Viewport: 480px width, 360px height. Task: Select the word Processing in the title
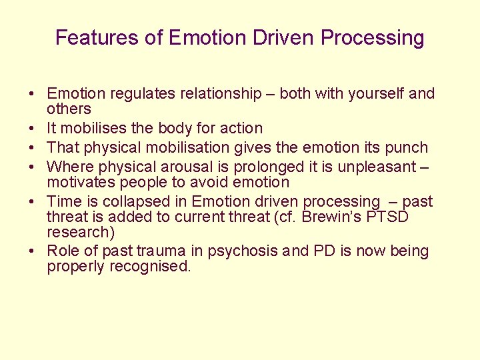click(372, 38)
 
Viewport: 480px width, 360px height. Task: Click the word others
click(69, 109)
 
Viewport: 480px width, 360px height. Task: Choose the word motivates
click(79, 182)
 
